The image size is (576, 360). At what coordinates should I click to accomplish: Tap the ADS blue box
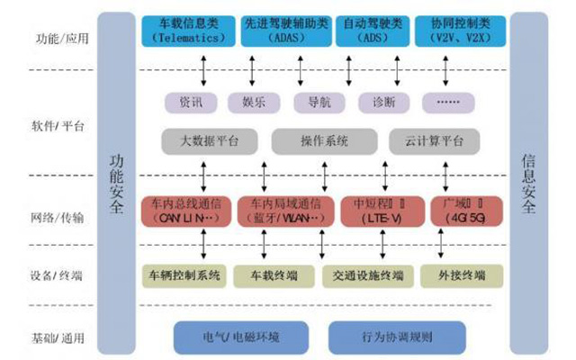[372, 30]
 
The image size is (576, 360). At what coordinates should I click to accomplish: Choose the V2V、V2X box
[459, 30]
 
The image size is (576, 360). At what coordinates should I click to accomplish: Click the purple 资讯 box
[191, 102]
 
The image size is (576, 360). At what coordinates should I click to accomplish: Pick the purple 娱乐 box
[247, 102]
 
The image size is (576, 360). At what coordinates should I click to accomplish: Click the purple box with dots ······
[446, 102]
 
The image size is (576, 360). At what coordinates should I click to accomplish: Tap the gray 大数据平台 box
[207, 141]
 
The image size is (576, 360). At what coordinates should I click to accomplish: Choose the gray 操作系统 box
[323, 141]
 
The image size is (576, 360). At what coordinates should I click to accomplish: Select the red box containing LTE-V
[371, 210]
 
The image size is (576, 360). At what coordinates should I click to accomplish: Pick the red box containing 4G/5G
[460, 210]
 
